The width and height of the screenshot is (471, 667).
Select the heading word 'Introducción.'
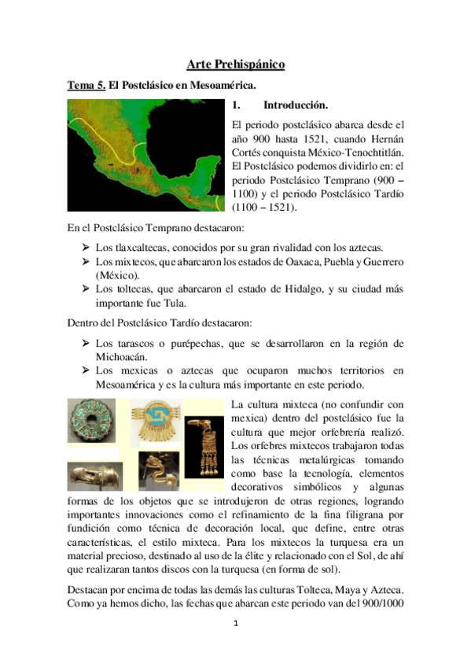[x=295, y=105]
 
